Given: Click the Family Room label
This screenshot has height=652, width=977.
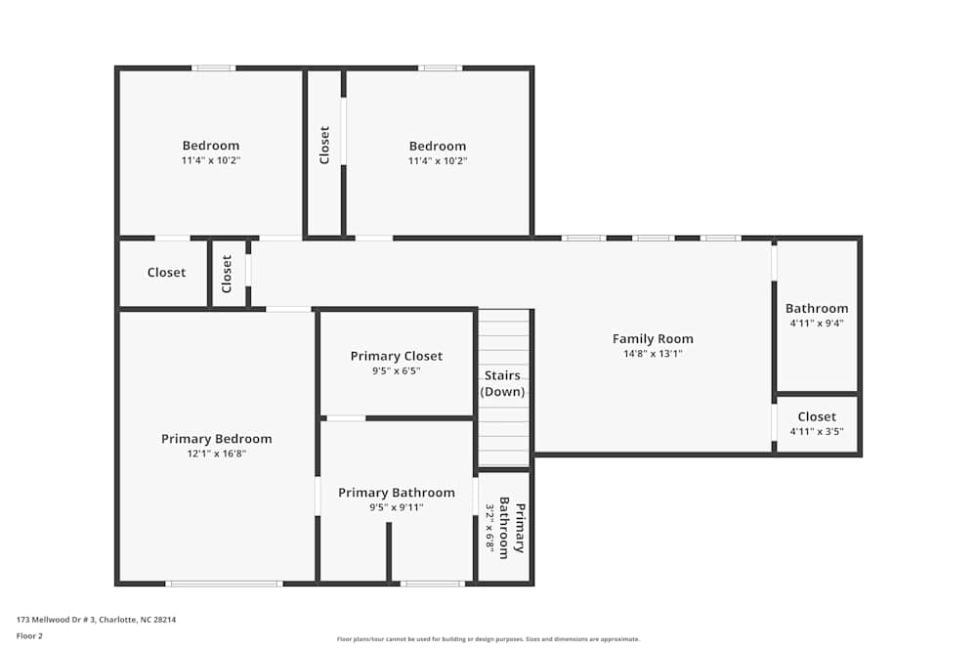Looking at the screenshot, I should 653,339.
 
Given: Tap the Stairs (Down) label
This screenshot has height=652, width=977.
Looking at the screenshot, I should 502,383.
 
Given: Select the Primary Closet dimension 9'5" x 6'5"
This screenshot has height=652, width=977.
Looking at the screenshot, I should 396,371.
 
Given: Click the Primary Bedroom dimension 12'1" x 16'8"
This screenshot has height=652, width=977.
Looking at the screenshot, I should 216,454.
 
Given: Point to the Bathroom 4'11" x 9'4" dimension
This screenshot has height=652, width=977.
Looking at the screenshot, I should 817,323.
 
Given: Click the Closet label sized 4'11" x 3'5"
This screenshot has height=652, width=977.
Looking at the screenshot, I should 817,416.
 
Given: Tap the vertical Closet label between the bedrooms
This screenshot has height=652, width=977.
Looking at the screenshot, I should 324,145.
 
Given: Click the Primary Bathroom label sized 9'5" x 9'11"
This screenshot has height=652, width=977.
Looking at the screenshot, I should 396,493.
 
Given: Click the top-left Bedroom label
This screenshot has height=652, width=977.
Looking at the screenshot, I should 210,146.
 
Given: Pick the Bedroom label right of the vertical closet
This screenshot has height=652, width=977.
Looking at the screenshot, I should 437,146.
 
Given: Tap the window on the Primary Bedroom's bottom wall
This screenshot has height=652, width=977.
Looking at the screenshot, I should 224,584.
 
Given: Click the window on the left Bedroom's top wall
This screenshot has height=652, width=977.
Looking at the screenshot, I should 213,67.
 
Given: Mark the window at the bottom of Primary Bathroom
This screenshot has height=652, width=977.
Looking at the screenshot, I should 432,584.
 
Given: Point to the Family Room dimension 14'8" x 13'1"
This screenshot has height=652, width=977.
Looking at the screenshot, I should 653,354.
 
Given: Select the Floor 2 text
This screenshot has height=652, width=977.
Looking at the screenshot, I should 29,635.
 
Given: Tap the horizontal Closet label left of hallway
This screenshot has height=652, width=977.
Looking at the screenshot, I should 166,273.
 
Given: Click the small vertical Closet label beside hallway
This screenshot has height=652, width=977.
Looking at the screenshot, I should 227,274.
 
